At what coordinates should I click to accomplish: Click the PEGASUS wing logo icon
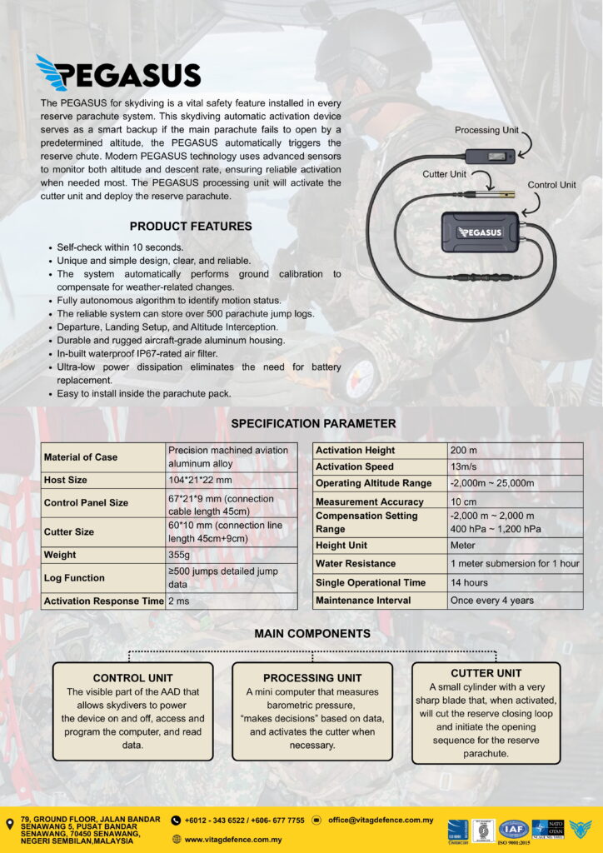[52, 73]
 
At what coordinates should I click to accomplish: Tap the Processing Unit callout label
[487, 130]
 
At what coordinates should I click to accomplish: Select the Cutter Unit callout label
[446, 174]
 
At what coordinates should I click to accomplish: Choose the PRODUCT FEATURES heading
[191, 226]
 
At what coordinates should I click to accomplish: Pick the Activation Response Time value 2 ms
[179, 601]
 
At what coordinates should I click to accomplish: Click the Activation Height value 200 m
[463, 450]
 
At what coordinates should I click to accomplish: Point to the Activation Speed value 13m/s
[463, 466]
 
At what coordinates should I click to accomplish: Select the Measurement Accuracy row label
[369, 501]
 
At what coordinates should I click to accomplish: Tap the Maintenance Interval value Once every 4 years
[491, 600]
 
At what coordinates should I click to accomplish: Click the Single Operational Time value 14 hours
[472, 582]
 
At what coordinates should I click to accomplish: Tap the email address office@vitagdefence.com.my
[381, 821]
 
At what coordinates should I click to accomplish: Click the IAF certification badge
[514, 829]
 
